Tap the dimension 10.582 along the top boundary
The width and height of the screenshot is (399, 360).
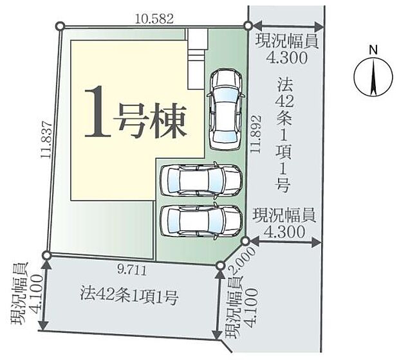[154, 19]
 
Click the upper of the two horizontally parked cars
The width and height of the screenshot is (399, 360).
[200, 180]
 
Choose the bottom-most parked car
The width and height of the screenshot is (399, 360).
[200, 221]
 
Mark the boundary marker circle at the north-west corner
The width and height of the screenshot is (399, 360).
[60, 26]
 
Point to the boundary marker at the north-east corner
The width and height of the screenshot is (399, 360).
[248, 26]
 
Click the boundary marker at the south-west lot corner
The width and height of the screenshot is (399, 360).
[46, 255]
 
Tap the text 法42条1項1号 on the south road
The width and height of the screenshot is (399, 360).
[129, 297]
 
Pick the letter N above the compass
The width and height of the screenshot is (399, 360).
[372, 49]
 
